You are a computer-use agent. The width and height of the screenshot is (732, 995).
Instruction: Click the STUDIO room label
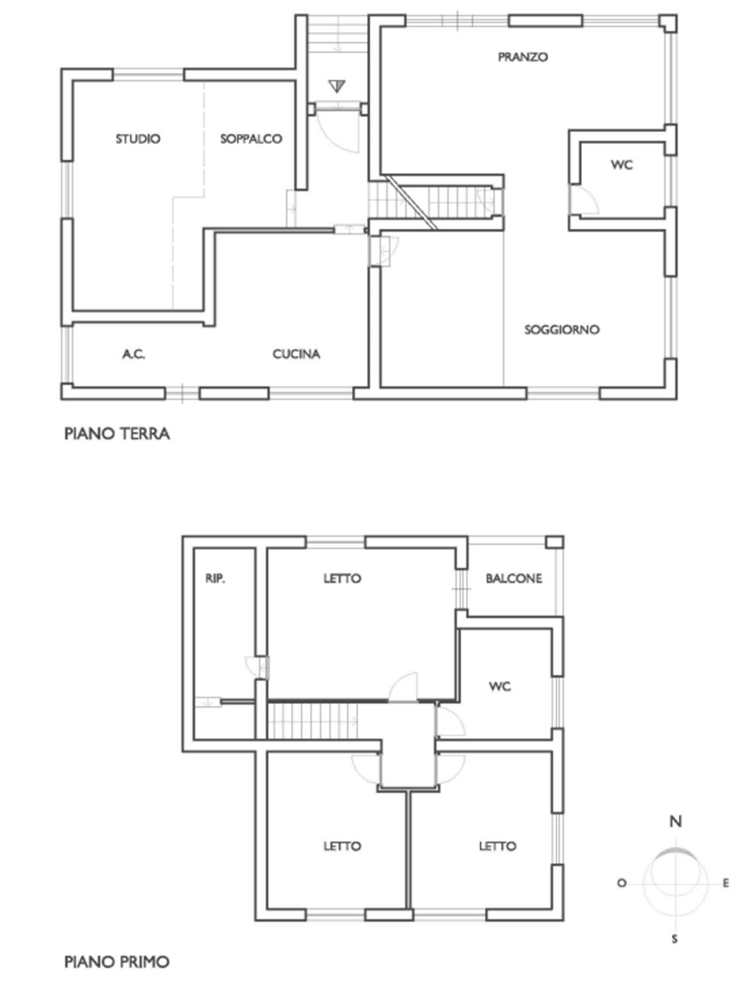[x=138, y=139]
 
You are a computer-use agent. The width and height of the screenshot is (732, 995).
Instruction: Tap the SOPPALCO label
[x=251, y=139]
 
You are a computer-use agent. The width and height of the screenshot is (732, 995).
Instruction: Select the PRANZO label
[x=523, y=57]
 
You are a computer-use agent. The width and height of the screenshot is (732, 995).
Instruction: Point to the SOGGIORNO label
[x=562, y=329]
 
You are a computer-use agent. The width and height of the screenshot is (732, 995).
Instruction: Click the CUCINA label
[x=296, y=354]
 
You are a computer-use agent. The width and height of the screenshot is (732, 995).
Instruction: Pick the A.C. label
[x=134, y=354]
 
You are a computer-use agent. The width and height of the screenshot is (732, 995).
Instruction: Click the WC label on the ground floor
[x=622, y=165]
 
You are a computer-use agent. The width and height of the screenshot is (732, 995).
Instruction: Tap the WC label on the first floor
[x=500, y=687]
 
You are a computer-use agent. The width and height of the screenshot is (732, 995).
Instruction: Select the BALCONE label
[x=514, y=579]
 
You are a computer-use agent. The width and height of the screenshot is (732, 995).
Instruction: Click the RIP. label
[x=215, y=579]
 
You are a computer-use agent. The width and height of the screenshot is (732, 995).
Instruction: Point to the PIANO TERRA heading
[x=117, y=433]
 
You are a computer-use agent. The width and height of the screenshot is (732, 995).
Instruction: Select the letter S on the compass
[x=675, y=939]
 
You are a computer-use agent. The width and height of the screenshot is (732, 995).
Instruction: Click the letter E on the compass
[x=726, y=884]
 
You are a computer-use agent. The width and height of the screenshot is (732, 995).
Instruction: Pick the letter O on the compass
[x=622, y=884]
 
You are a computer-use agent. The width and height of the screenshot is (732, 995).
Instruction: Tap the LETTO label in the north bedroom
[x=342, y=579]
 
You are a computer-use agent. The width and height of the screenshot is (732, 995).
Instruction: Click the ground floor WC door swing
[x=585, y=199]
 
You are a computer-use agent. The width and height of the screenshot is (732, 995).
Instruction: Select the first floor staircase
[x=313, y=720]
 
